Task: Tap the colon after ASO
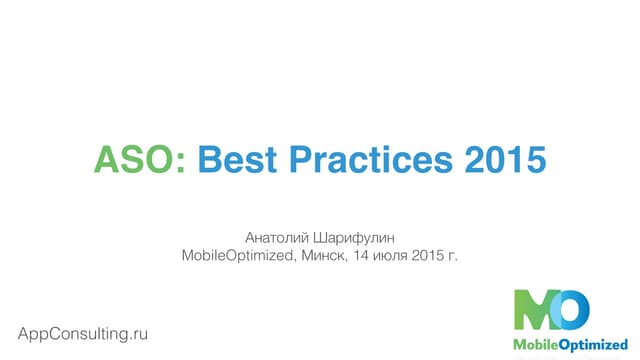[181, 160]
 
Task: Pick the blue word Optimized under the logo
[590, 345]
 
